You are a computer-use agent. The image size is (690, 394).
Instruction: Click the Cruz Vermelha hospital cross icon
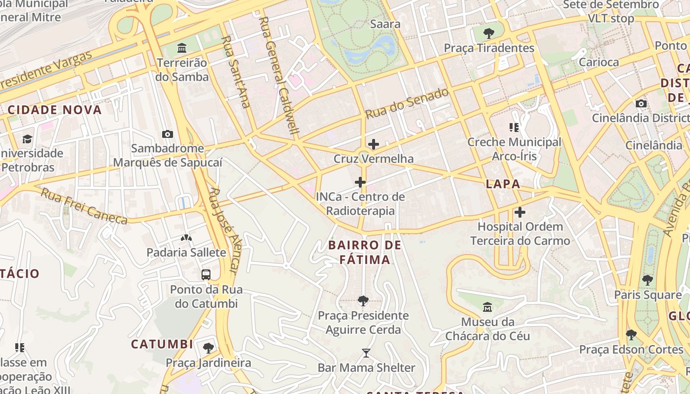(374, 144)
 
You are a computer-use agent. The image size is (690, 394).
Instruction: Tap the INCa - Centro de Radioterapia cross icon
(360, 182)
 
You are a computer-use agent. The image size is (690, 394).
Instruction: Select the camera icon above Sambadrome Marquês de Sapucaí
(168, 134)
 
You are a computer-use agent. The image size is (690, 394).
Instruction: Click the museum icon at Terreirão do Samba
(182, 48)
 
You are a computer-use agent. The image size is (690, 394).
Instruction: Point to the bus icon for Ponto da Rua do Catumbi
(206, 274)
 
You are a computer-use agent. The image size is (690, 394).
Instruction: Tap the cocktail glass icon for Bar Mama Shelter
(366, 353)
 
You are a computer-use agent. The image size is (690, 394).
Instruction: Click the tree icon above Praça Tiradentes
(489, 33)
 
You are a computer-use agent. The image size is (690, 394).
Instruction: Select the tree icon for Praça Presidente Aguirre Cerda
(363, 300)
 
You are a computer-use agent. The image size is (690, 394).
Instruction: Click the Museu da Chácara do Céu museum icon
(487, 307)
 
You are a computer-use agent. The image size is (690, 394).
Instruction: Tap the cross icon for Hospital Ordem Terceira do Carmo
(520, 212)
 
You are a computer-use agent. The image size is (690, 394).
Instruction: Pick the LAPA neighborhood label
(503, 184)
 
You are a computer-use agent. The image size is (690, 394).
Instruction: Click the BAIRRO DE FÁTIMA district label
(365, 252)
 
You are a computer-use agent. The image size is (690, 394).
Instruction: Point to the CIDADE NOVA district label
(55, 110)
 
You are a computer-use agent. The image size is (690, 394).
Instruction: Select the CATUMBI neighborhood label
(162, 344)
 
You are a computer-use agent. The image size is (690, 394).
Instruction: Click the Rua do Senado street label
(407, 103)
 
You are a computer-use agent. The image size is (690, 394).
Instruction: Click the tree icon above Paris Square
(648, 280)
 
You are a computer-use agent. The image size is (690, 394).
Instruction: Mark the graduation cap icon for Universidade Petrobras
(27, 139)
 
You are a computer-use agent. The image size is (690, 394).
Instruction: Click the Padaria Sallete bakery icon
(186, 238)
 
